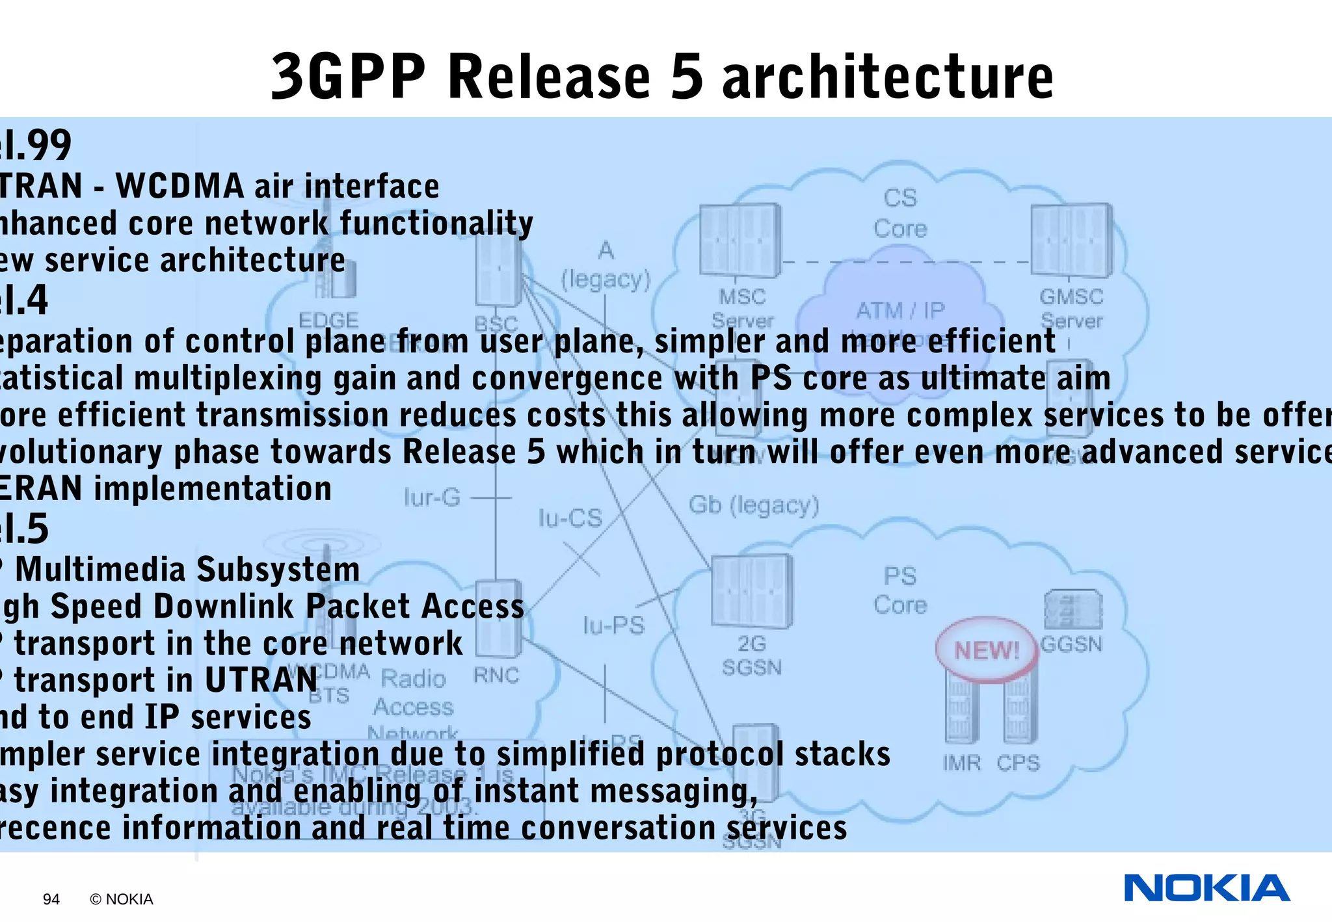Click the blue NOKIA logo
[1206, 888]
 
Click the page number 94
[51, 899]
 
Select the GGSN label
[1071, 644]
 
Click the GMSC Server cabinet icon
[1071, 240]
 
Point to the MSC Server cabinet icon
[740, 240]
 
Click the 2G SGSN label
[751, 655]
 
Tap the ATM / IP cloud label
[900, 310]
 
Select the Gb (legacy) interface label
[754, 505]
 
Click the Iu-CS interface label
[570, 518]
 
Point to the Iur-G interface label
[432, 498]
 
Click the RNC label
[496, 676]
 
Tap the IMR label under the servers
[961, 763]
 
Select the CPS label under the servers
[1018, 763]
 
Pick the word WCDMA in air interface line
[180, 187]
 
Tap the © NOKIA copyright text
[122, 899]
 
